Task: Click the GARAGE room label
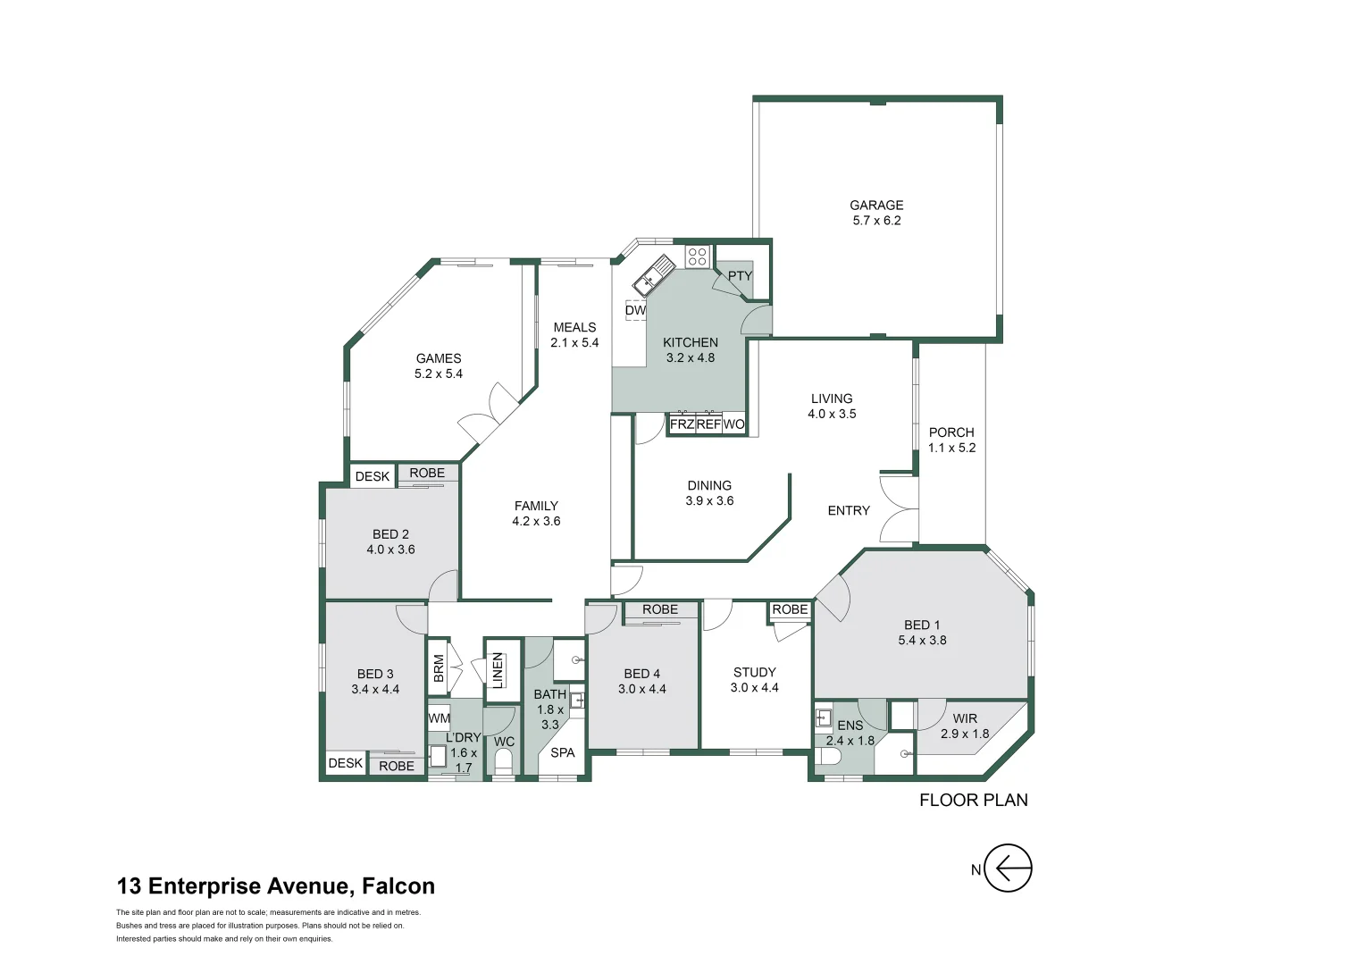876,206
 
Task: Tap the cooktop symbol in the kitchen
697,256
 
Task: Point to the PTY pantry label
740,276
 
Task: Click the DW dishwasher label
635,310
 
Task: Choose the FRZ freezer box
682,424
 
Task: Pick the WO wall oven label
734,424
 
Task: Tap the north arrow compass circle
1008,868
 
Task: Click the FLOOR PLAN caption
973,800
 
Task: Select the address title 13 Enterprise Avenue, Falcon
275,885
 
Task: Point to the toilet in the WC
503,762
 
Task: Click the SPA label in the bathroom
562,752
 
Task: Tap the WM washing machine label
439,718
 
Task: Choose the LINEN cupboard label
498,670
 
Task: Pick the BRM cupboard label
439,668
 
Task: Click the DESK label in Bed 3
346,762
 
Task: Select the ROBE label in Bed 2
427,473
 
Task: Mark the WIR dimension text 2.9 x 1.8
965,734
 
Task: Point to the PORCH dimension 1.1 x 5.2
951,448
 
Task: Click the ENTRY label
849,510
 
